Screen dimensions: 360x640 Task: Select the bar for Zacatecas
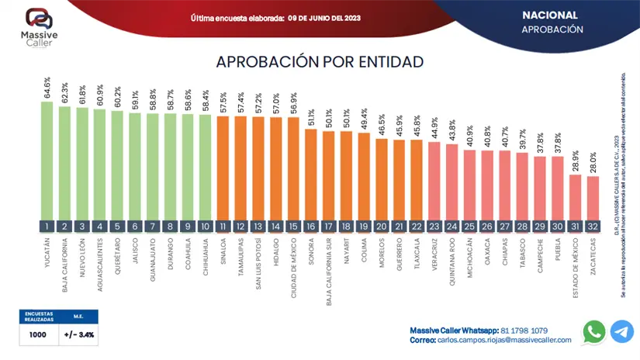pyautogui.click(x=593, y=198)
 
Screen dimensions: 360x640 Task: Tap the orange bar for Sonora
pyautogui.click(x=310, y=174)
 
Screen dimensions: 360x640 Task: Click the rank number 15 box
pyautogui.click(x=293, y=227)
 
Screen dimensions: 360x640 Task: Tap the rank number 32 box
pyautogui.click(x=593, y=227)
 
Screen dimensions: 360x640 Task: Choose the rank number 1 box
pyautogui.click(x=47, y=227)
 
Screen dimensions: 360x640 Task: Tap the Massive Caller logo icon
pyautogui.click(x=39, y=19)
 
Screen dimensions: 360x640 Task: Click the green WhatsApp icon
pyautogui.click(x=594, y=332)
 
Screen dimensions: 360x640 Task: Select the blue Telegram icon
pyautogui.click(x=622, y=332)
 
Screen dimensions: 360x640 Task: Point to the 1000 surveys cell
pyautogui.click(x=38, y=335)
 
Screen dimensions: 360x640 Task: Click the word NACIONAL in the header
pyautogui.click(x=549, y=15)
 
